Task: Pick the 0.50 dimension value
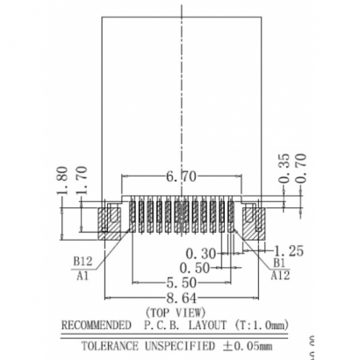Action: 193,267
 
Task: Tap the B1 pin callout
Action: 279,262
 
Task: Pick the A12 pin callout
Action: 281,275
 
